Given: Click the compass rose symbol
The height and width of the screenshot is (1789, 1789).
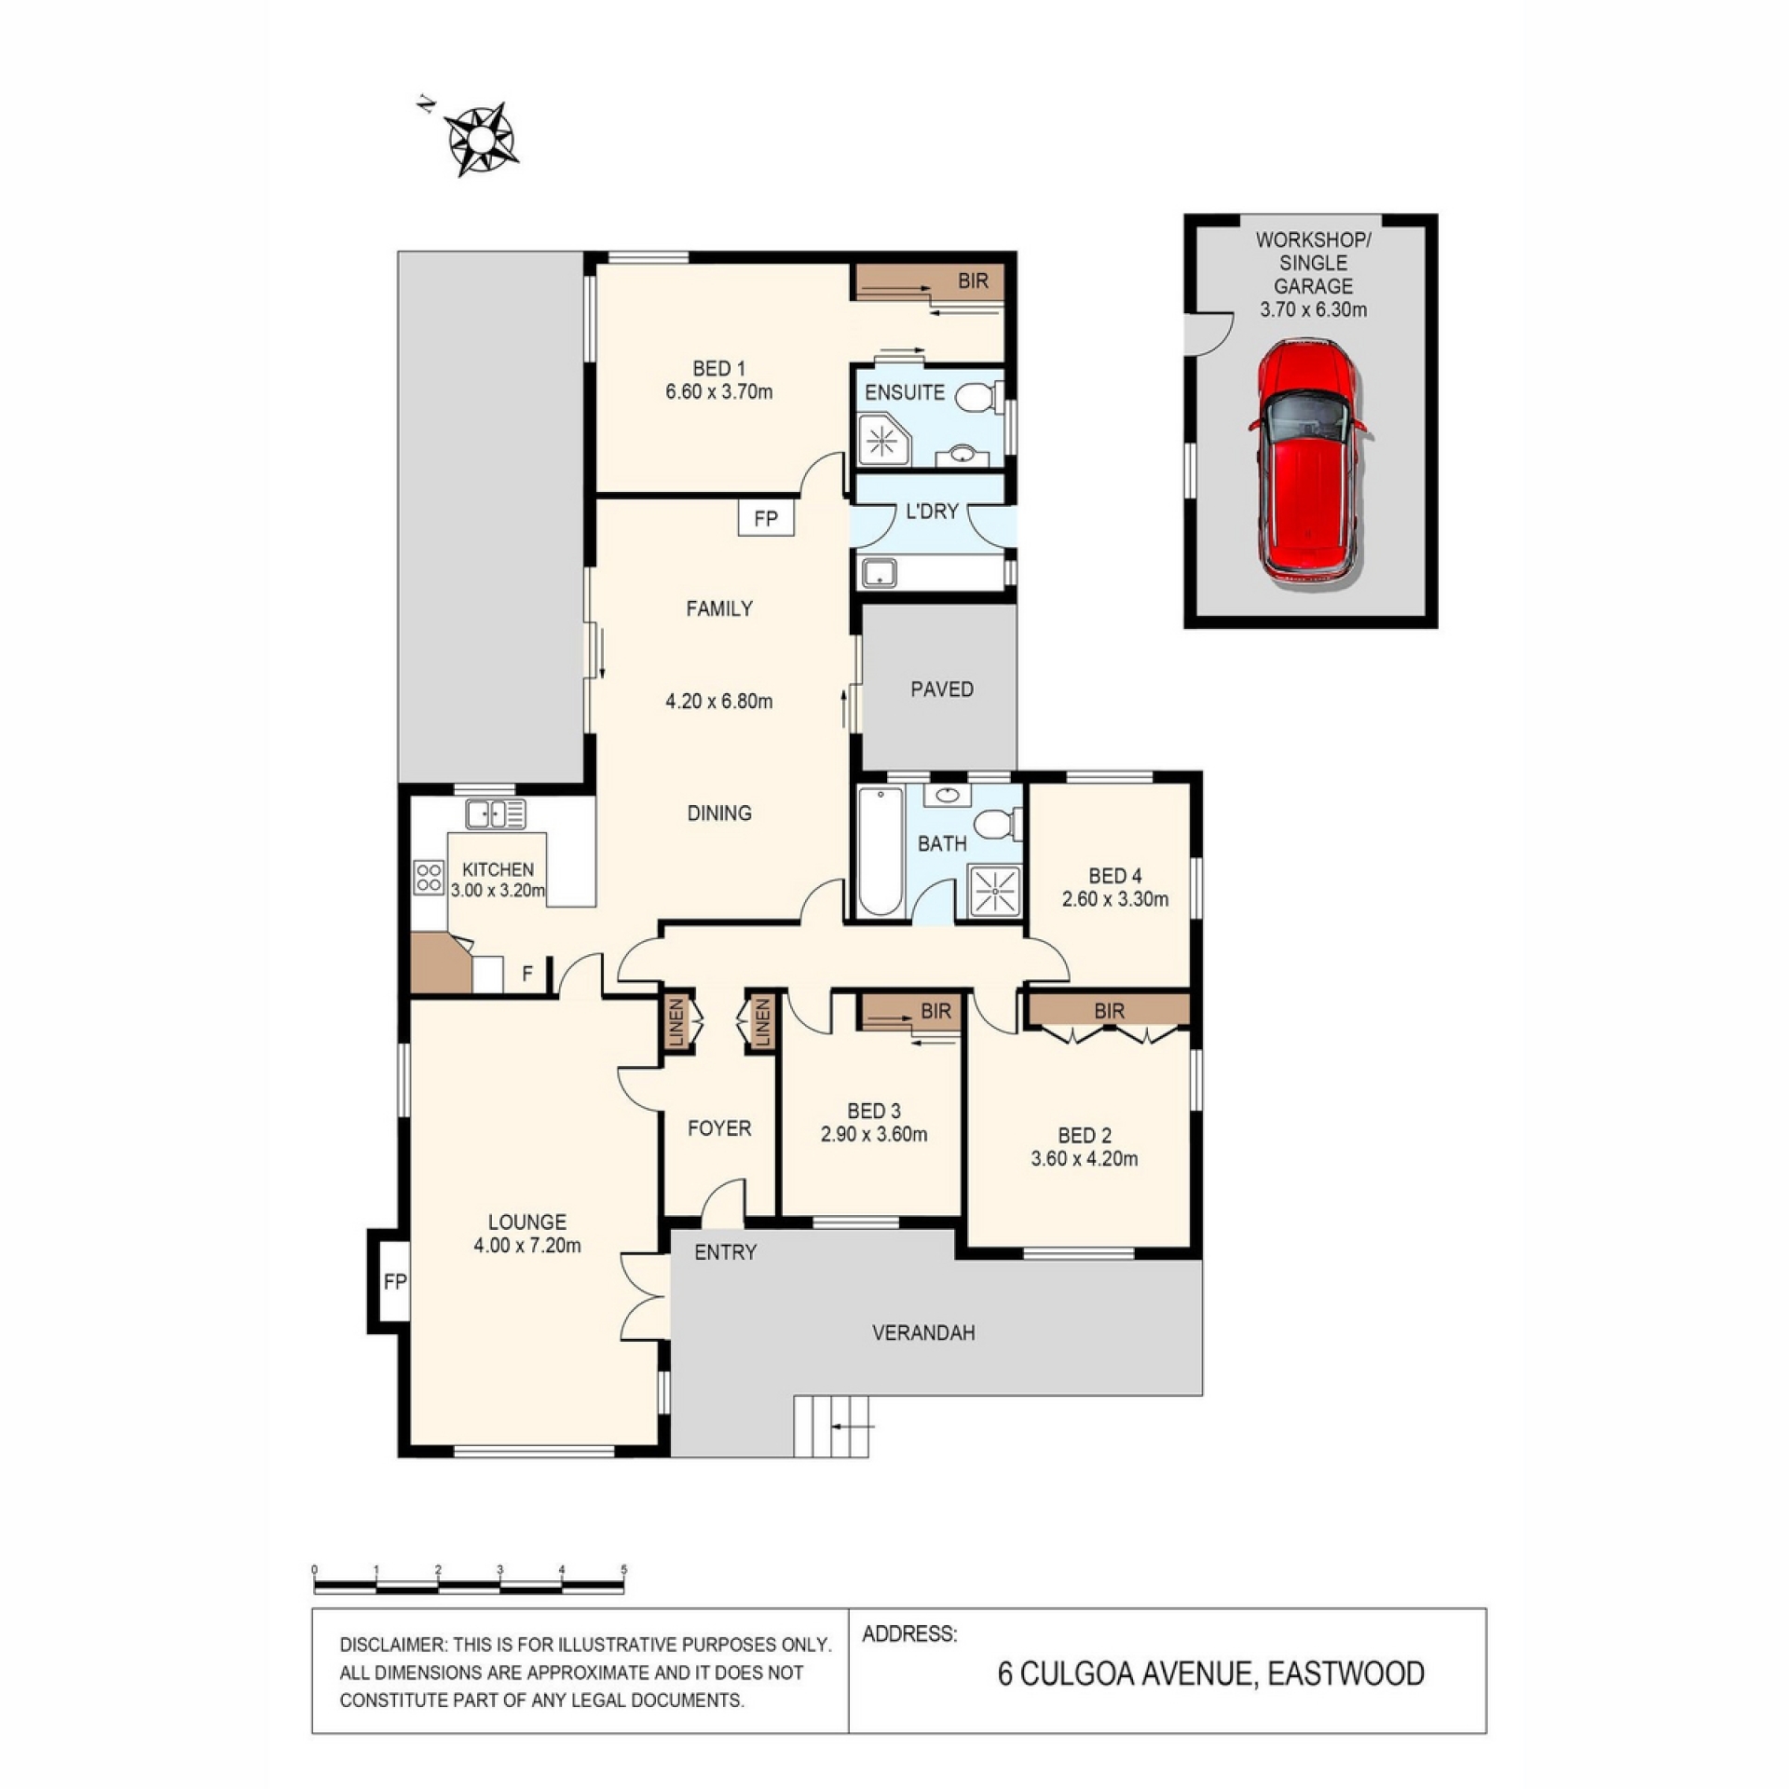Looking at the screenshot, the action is [x=481, y=140].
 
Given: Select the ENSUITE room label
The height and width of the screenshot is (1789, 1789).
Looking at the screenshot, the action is [x=904, y=392].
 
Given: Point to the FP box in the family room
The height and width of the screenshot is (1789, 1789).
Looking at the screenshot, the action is [x=766, y=518].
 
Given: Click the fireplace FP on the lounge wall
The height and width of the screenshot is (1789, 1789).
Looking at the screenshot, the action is [x=394, y=1281].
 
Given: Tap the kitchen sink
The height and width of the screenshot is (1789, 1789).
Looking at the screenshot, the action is [x=496, y=813].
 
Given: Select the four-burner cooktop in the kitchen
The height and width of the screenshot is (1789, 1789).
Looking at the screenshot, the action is [x=429, y=878].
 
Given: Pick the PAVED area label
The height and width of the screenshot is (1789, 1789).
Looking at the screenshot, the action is [x=942, y=689].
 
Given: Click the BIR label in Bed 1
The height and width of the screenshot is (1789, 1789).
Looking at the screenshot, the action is [x=973, y=280].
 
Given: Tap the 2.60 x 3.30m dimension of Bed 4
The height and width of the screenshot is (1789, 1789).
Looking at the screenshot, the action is [x=1115, y=899].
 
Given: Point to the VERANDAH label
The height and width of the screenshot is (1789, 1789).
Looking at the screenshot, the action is [x=923, y=1332].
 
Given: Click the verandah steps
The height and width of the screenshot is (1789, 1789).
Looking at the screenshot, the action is [x=831, y=1426].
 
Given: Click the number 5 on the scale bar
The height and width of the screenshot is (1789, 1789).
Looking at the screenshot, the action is [x=623, y=1569].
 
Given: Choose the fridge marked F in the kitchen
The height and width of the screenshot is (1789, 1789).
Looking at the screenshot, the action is [x=527, y=974].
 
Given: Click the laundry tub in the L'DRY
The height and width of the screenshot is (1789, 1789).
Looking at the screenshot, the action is [x=879, y=572].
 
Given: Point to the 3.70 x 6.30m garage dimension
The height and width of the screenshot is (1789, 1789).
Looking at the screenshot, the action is [x=1313, y=309].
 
